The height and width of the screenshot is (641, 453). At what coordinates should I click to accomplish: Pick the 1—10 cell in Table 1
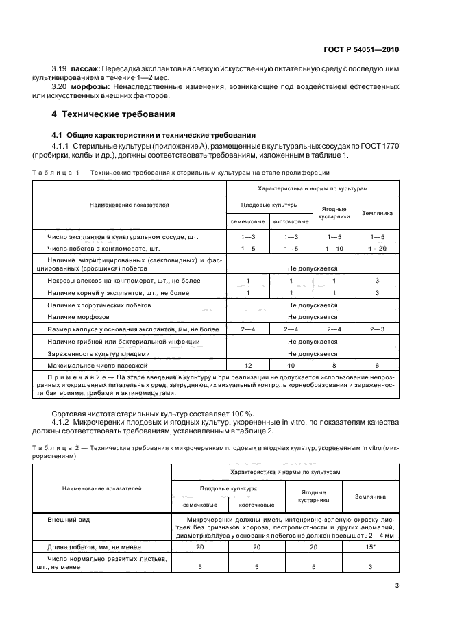click(334, 248)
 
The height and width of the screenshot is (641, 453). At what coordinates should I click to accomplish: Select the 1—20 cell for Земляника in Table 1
click(378, 248)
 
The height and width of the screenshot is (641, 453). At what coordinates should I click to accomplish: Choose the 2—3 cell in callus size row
click(378, 329)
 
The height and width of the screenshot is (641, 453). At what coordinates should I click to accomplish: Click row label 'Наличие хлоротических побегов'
click(99, 305)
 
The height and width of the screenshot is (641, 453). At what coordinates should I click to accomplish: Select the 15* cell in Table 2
click(370, 547)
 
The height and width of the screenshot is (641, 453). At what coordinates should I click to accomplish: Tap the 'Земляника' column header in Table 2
click(370, 495)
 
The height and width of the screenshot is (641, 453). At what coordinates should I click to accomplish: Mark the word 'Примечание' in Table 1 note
click(71, 377)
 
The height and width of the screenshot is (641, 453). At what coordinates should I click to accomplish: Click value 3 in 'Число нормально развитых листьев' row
click(370, 566)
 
